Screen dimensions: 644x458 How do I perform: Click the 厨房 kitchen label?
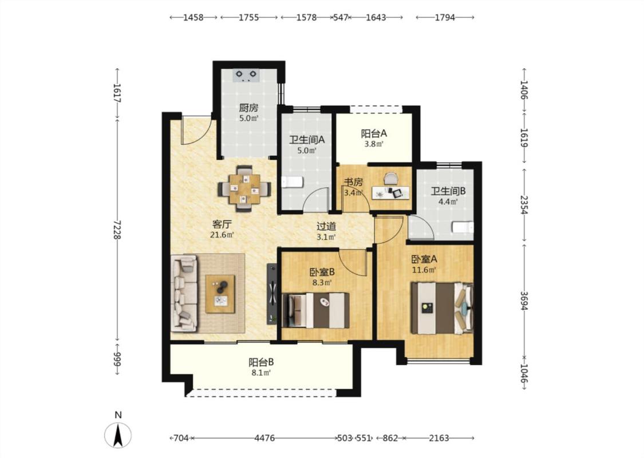(248, 108)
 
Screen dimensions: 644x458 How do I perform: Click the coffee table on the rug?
(220, 294)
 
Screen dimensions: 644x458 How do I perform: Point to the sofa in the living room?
(184, 293)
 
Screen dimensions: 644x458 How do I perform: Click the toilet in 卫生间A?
(293, 182)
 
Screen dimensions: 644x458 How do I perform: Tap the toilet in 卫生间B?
(463, 227)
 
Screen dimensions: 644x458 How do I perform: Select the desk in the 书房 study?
(390, 192)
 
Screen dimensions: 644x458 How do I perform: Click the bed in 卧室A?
(442, 308)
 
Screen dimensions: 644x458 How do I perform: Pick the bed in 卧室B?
(315, 310)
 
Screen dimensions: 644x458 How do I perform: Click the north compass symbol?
(118, 435)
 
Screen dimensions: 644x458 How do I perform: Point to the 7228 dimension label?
(117, 230)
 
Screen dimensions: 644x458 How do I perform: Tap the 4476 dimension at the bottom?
(264, 438)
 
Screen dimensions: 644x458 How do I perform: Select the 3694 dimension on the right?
(524, 302)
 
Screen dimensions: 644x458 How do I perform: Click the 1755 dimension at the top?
(249, 17)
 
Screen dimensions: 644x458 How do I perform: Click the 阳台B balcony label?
(261, 363)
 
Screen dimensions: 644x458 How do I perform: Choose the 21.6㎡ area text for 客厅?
(222, 235)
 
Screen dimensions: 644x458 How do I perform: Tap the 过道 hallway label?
(326, 226)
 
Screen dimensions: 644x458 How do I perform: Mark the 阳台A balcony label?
(374, 133)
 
